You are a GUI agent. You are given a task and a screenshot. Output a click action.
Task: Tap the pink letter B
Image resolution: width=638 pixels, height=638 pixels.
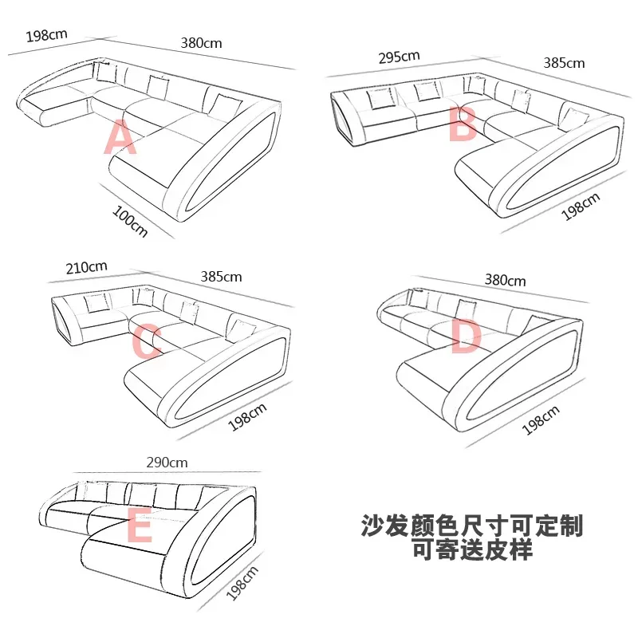tap(463, 124)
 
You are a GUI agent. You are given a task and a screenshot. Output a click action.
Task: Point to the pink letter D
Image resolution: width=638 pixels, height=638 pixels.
tap(467, 337)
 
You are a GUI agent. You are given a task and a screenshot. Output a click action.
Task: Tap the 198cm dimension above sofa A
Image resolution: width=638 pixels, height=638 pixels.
tap(46, 35)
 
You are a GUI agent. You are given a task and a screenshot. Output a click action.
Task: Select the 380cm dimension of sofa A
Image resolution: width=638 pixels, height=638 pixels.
tap(201, 43)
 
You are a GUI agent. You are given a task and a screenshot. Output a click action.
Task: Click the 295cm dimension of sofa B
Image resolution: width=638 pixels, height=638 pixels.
tap(399, 57)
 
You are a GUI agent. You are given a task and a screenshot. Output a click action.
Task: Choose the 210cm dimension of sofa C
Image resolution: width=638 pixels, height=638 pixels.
tap(87, 266)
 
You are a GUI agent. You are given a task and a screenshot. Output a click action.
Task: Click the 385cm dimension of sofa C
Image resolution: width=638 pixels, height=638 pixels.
tap(222, 277)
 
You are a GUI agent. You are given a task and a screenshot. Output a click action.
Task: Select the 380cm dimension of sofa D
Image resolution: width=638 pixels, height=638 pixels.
tap(506, 280)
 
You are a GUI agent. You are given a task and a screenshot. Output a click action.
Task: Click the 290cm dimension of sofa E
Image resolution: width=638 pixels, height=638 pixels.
tap(167, 463)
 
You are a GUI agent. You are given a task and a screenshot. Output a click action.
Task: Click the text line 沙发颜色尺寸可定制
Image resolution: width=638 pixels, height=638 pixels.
tap(472, 526)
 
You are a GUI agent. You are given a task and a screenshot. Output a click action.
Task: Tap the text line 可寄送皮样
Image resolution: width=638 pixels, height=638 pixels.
tap(472, 549)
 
